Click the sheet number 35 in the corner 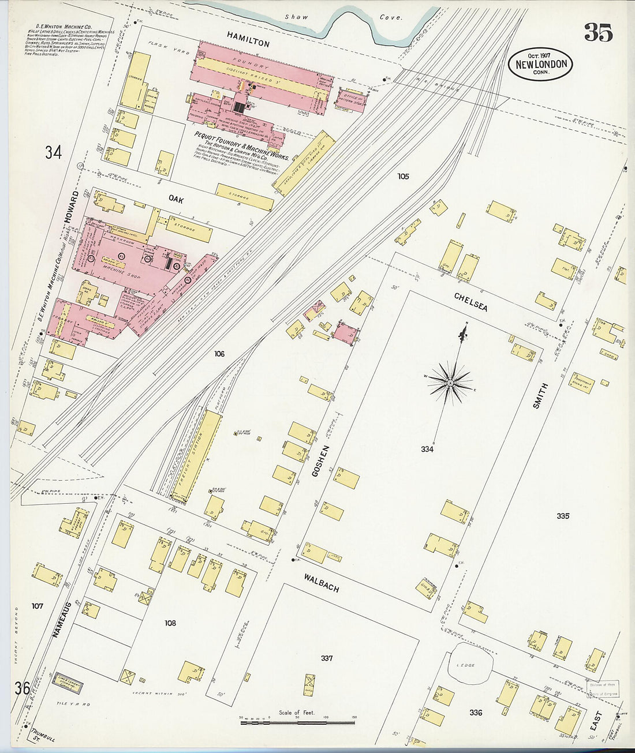pos(597,33)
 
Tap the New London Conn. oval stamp pos(540,64)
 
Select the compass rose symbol pos(450,383)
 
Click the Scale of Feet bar pos(297,721)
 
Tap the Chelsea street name pos(470,302)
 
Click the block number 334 pos(427,449)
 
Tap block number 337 pos(327,658)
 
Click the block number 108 pos(170,623)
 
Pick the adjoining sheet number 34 pos(53,152)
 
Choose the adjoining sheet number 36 pos(23,688)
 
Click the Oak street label pos(175,199)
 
